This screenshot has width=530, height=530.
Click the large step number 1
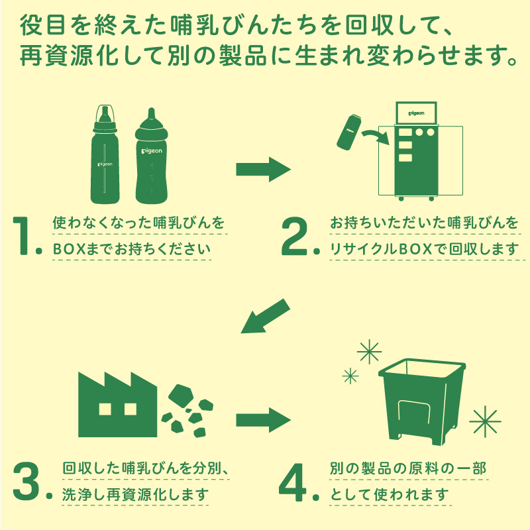tap(21, 235)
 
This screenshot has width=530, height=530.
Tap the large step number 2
tap(294, 236)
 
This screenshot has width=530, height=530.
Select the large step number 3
tap(26, 481)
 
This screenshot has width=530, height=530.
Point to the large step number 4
tap(293, 482)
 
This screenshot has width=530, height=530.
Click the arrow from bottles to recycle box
tap(263, 169)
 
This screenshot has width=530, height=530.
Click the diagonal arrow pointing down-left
tap(265, 317)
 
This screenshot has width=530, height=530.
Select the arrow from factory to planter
tap(263, 420)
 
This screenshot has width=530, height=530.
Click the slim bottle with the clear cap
tap(105, 154)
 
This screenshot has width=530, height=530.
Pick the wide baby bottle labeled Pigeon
tap(152, 156)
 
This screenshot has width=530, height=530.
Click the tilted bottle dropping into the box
tap(349, 132)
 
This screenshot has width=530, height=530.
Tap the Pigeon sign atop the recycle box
tap(417, 113)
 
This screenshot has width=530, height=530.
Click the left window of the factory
tap(105, 409)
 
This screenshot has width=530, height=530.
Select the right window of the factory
tap(131, 409)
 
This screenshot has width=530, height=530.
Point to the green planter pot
tap(422, 401)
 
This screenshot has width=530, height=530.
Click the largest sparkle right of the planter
tap(485, 421)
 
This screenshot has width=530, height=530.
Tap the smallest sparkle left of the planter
tap(350, 376)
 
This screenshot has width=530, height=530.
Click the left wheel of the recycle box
tap(401, 199)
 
